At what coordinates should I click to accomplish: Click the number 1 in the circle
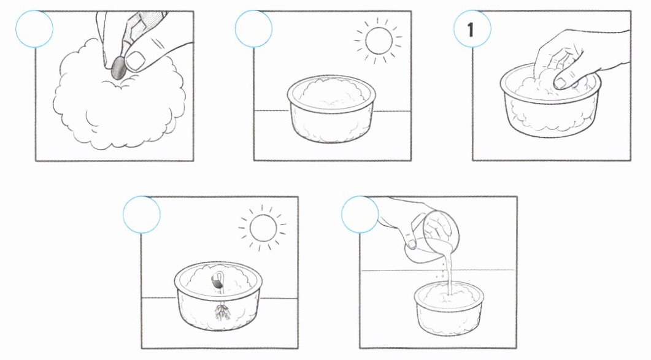[471, 29]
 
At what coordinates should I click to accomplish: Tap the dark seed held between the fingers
[119, 67]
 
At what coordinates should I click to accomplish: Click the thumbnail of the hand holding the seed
[135, 61]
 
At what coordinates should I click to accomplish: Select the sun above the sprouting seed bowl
[263, 228]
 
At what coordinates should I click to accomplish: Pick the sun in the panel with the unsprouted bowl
[379, 40]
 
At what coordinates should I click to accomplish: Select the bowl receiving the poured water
[449, 308]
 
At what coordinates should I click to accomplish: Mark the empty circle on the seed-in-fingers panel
[34, 29]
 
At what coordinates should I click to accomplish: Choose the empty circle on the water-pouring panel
[360, 214]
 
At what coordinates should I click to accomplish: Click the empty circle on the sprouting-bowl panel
[142, 214]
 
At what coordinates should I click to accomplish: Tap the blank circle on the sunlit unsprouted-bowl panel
[253, 29]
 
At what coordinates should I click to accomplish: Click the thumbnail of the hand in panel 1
[560, 83]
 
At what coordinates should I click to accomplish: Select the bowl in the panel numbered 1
[550, 101]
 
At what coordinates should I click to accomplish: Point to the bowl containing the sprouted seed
[218, 296]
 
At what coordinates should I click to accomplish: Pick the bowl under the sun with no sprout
[331, 109]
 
